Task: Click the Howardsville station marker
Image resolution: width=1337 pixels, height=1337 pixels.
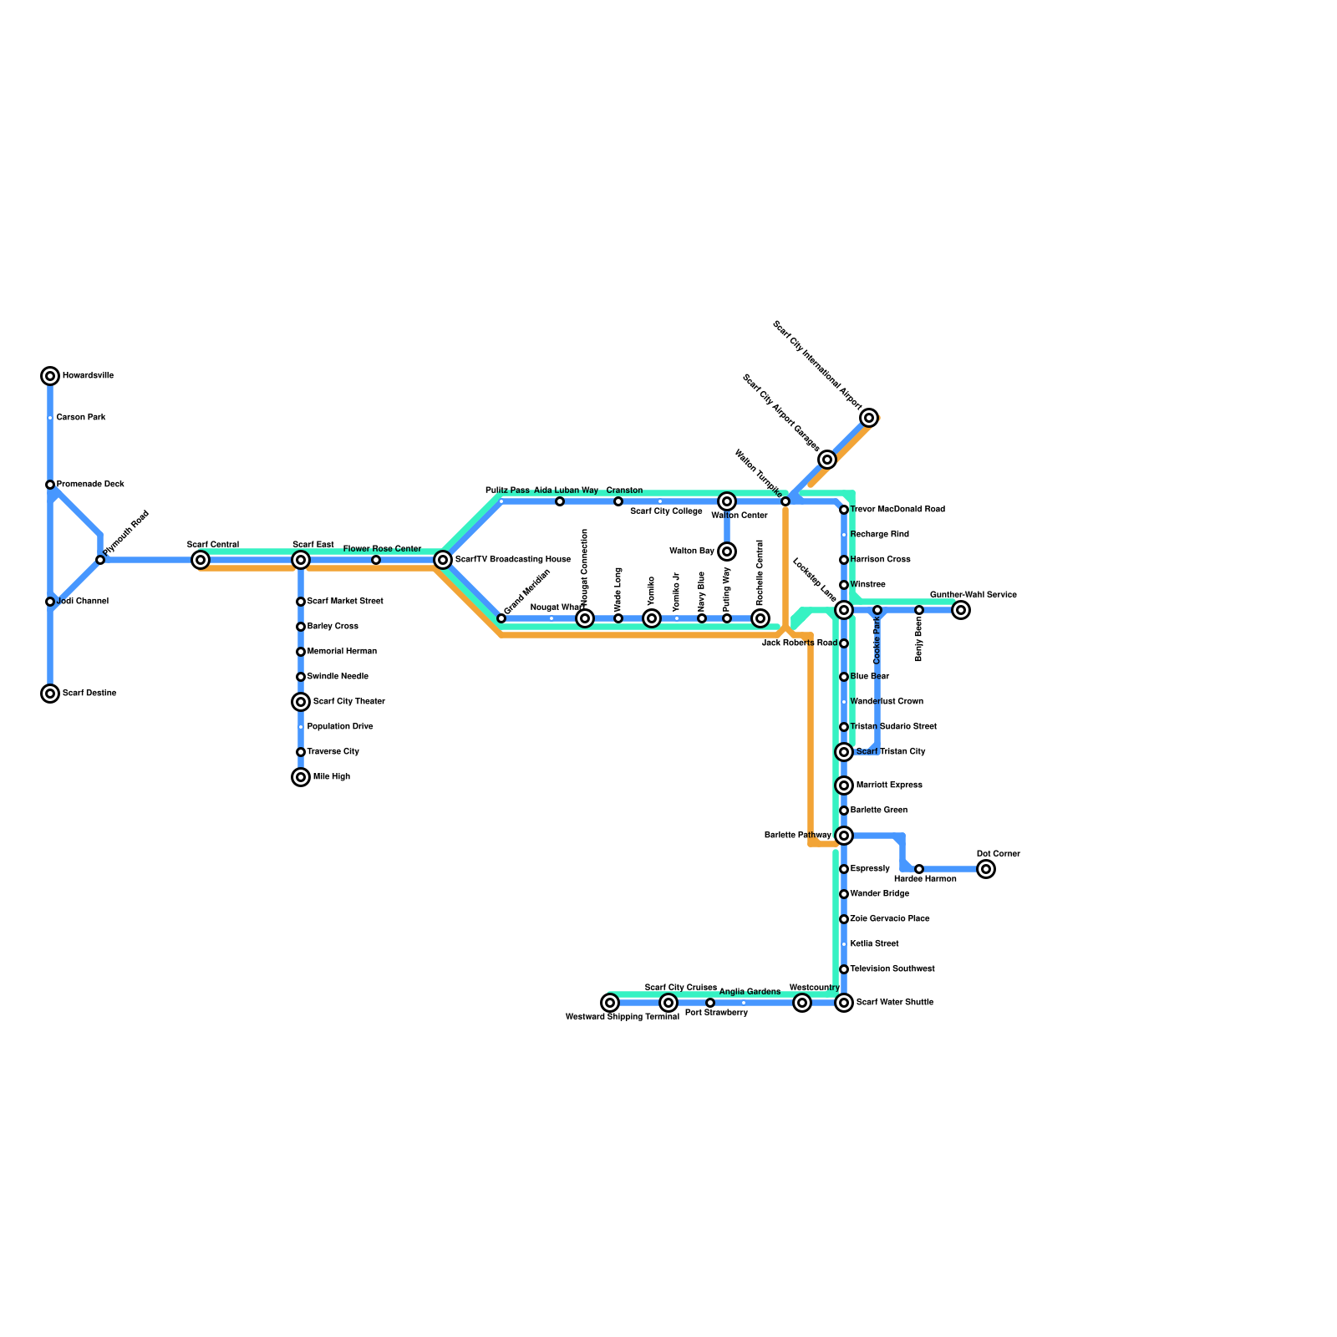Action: click(x=50, y=376)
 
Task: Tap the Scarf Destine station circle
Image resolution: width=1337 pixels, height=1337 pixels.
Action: click(x=50, y=694)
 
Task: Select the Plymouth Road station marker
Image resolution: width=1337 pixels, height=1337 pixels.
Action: click(x=100, y=560)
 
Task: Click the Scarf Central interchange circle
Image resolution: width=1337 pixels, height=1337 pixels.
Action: click(x=201, y=560)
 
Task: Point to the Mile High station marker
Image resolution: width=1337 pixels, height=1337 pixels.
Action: click(x=301, y=777)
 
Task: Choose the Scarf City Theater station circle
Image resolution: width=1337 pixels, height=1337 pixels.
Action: click(x=301, y=702)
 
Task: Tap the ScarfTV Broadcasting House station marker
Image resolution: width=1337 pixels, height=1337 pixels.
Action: click(x=443, y=560)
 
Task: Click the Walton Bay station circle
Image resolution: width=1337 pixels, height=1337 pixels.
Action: click(x=727, y=552)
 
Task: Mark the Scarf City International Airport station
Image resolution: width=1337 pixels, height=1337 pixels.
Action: click(x=869, y=418)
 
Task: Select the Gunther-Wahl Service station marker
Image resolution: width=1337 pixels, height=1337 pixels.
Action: click(x=961, y=610)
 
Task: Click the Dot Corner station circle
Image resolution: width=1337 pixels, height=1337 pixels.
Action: click(x=986, y=869)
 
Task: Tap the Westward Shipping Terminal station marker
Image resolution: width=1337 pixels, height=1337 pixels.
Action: click(x=610, y=1003)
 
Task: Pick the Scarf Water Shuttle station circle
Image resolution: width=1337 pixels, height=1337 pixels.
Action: click(x=844, y=1003)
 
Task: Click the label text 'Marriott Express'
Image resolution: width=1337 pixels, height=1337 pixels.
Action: click(x=889, y=785)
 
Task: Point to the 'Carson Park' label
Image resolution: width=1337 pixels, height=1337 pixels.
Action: click(x=81, y=418)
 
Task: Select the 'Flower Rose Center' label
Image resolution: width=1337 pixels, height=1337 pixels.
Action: click(x=382, y=549)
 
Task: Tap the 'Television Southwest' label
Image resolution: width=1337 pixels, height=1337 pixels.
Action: click(x=892, y=969)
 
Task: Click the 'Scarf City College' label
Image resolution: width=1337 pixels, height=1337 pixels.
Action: click(x=666, y=511)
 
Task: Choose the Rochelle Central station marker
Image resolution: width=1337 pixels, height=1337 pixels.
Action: click(x=760, y=618)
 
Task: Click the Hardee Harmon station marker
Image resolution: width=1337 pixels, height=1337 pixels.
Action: click(x=919, y=869)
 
